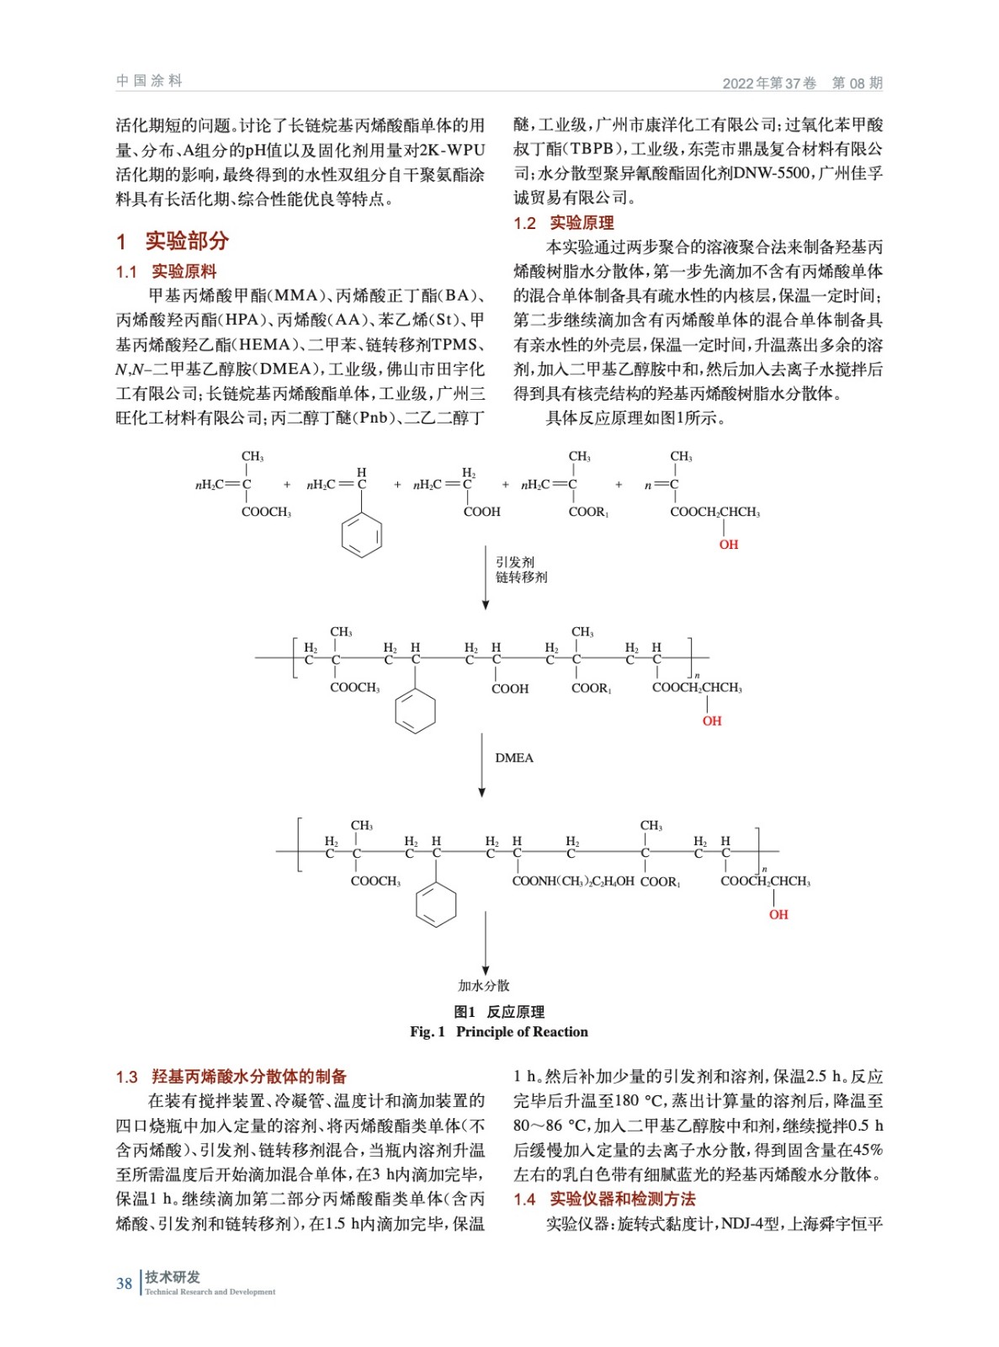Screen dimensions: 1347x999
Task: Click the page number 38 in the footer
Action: [124, 1283]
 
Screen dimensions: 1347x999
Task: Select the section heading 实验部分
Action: [186, 241]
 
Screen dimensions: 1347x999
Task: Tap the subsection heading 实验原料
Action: [183, 271]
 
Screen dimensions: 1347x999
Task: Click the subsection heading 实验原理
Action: [582, 223]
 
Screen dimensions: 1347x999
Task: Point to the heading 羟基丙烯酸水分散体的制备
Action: [248, 1076]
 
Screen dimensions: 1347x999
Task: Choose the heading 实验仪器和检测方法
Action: [622, 1199]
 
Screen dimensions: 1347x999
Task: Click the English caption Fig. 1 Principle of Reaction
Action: [499, 1031]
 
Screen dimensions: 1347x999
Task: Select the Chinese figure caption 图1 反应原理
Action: [499, 1012]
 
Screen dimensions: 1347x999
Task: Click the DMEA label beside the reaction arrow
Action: [514, 758]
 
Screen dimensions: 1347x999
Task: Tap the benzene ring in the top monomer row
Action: [362, 535]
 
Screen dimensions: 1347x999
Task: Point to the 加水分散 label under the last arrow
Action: [484, 985]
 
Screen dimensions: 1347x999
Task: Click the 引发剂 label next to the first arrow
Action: [514, 562]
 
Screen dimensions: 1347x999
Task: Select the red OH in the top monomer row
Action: [728, 545]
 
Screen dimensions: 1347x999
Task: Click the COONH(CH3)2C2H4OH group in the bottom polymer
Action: [572, 881]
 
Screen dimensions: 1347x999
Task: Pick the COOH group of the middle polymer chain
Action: [510, 689]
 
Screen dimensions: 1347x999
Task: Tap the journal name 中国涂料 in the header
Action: [150, 81]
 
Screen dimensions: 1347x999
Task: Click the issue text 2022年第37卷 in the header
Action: [769, 83]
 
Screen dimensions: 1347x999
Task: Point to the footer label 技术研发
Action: [173, 1276]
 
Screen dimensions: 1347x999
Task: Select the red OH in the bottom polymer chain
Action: [778, 914]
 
